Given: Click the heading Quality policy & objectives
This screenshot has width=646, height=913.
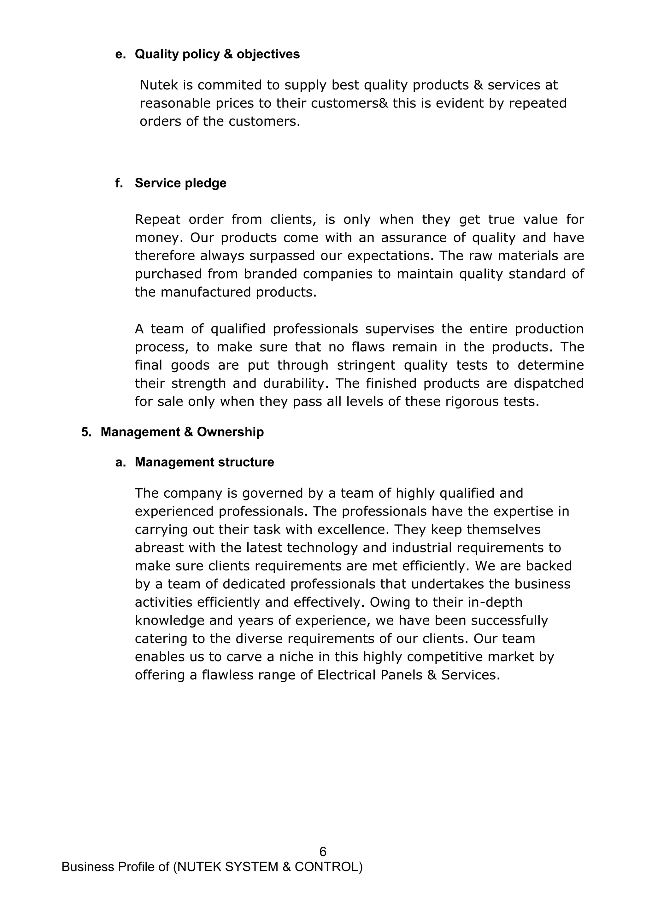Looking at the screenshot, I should pos(217,54).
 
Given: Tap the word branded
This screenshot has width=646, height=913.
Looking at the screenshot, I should pos(271,274).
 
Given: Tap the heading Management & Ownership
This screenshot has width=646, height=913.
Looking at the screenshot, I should pos(182,432).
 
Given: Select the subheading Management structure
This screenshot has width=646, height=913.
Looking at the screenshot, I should pos(204,462).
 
